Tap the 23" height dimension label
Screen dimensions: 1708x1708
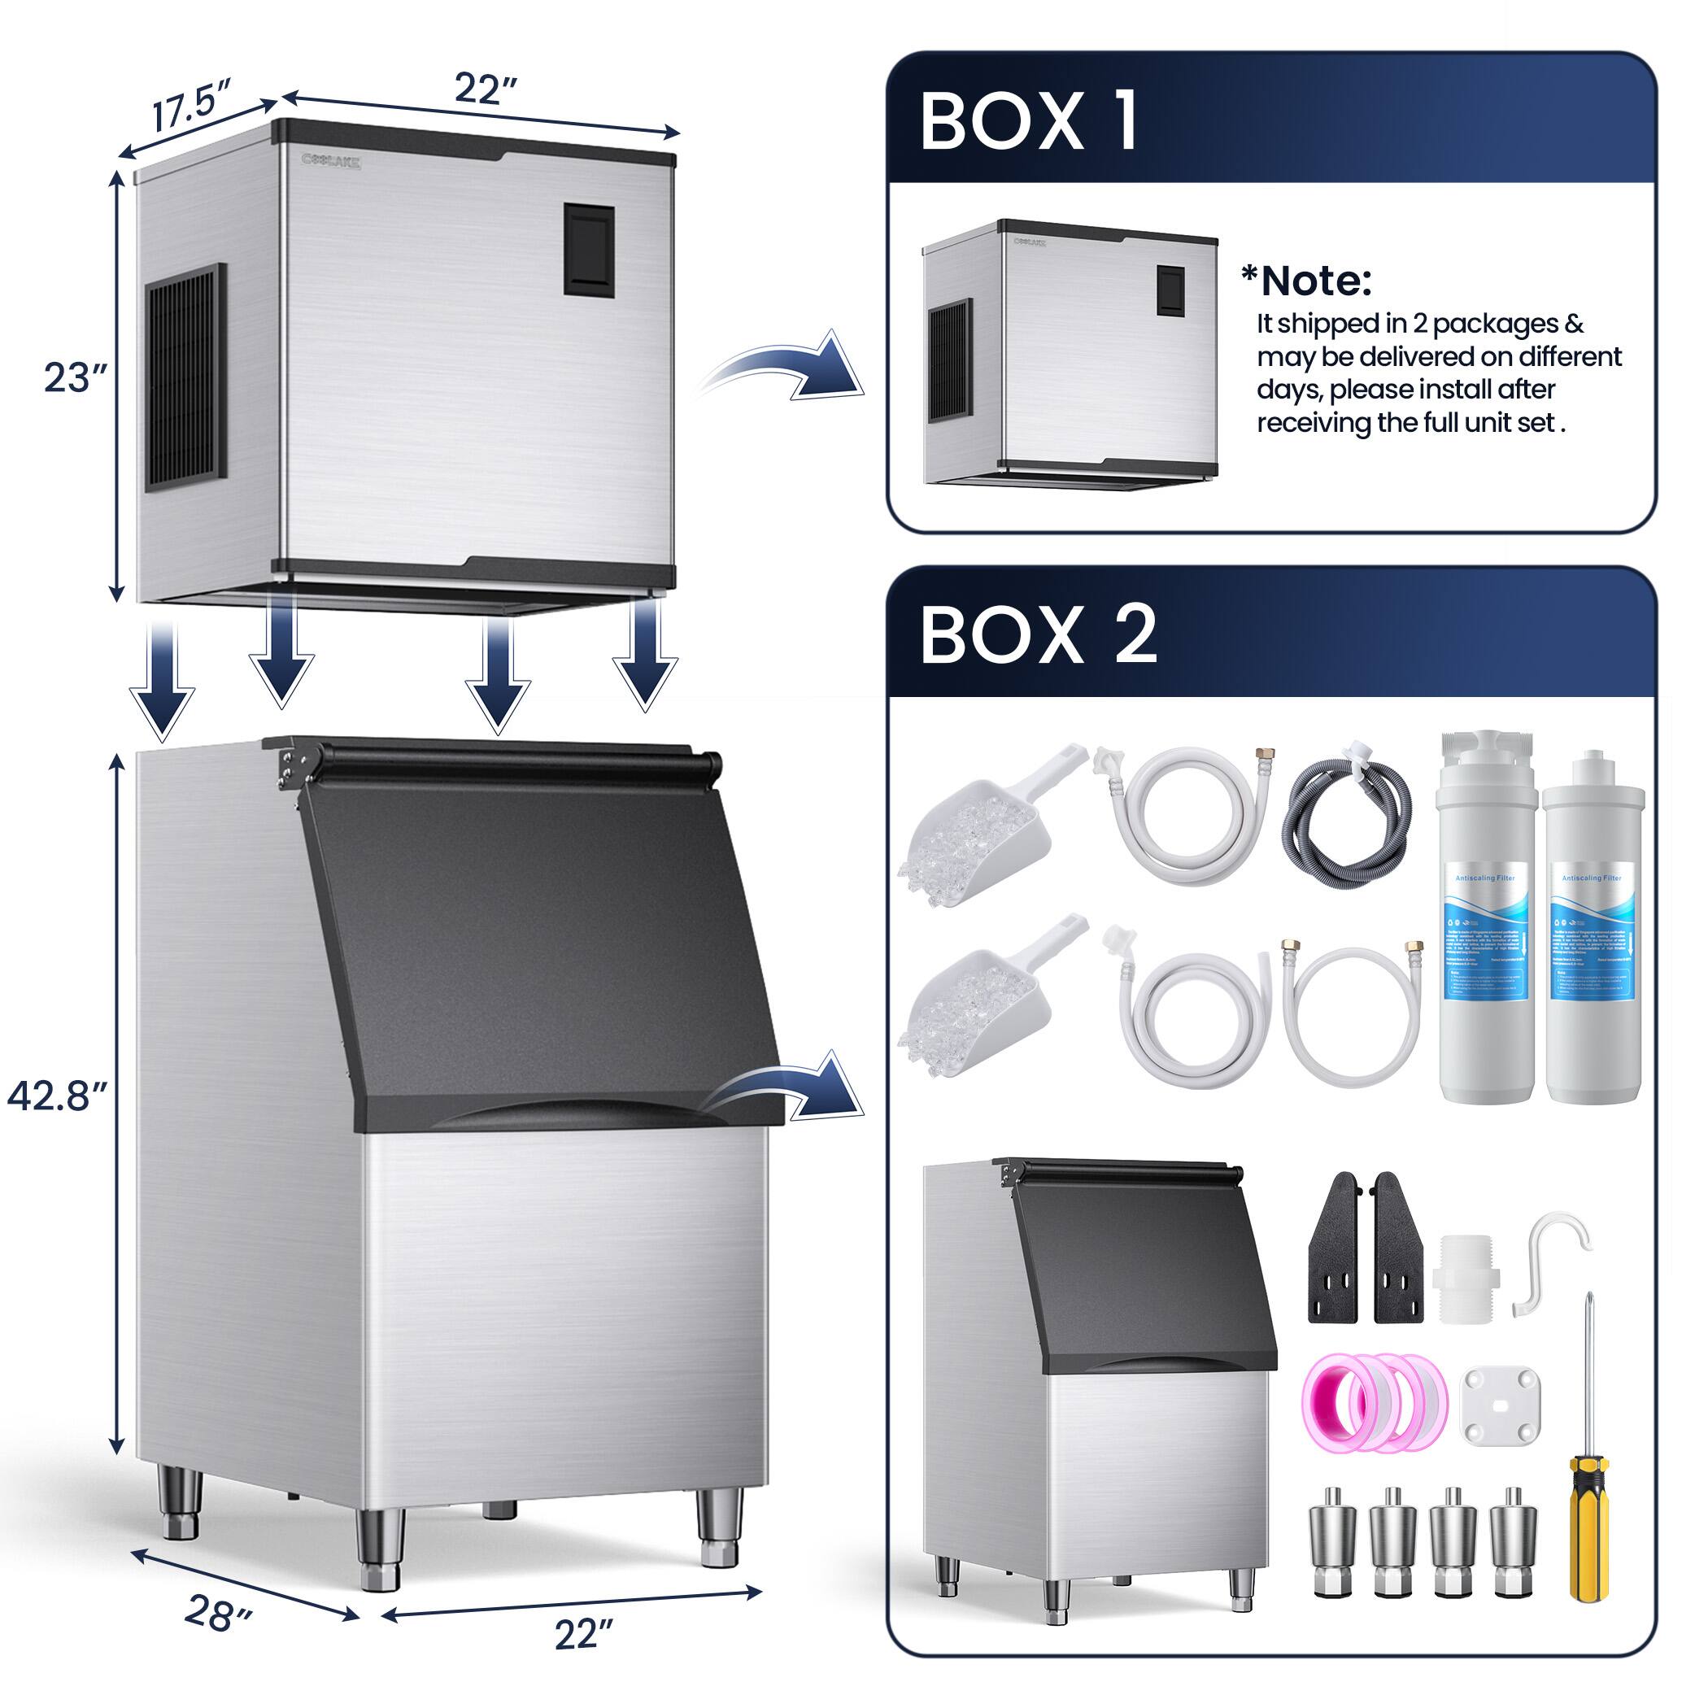(75, 378)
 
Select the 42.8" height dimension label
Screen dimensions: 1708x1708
(58, 1096)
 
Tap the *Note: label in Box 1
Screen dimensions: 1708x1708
(1307, 281)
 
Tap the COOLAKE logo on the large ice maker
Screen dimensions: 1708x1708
(332, 160)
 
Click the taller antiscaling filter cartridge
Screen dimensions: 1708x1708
(1485, 919)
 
